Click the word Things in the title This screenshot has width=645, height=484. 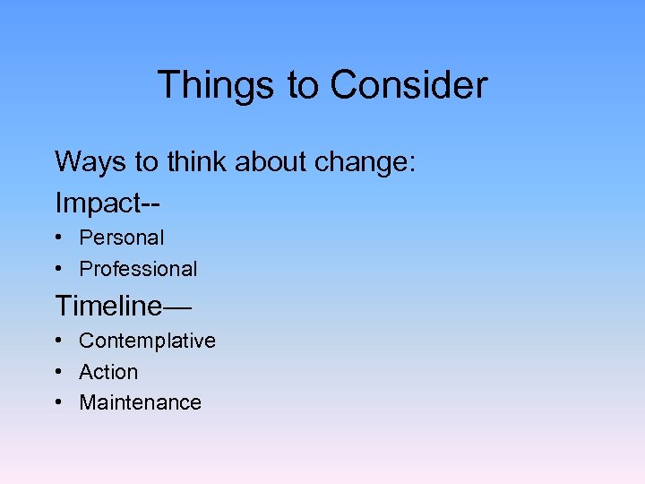217,85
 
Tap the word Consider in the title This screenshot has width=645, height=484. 408,85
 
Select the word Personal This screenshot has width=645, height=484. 122,238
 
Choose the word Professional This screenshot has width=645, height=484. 138,269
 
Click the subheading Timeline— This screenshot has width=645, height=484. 123,306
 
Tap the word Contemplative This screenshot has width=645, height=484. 147,341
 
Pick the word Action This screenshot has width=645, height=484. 108,372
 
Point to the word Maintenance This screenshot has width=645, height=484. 140,402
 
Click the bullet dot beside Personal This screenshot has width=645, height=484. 57,238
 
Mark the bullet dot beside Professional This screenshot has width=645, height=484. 57,269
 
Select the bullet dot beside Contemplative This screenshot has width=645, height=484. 57,341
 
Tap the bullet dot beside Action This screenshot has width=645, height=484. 57,372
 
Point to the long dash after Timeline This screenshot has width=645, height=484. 176,307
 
